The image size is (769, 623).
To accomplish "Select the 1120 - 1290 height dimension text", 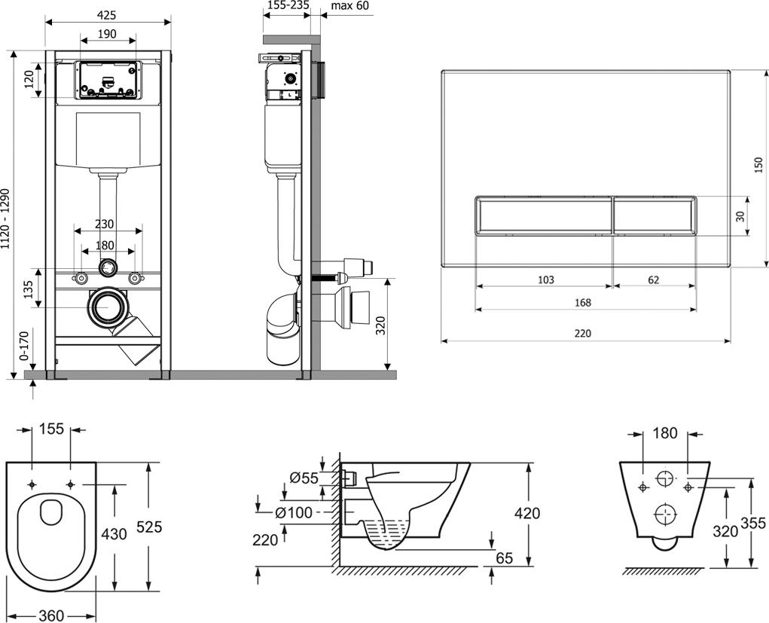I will (7, 218).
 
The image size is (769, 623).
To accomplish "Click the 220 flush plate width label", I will (583, 333).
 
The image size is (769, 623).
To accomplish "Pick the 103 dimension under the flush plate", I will (546, 279).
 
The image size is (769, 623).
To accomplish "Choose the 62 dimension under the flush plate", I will (653, 279).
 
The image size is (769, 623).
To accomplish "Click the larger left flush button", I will (544, 215).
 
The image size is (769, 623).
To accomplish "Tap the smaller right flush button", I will (654, 215).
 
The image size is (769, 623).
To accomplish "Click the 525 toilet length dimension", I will (148, 527).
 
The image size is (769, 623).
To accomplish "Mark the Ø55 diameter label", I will (304, 477).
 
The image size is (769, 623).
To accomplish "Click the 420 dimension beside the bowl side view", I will (527, 513).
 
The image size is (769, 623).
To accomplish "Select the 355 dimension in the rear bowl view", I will (754, 522).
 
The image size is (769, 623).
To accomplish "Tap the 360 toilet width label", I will (51, 615).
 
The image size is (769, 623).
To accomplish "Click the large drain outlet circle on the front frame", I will (108, 307).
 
